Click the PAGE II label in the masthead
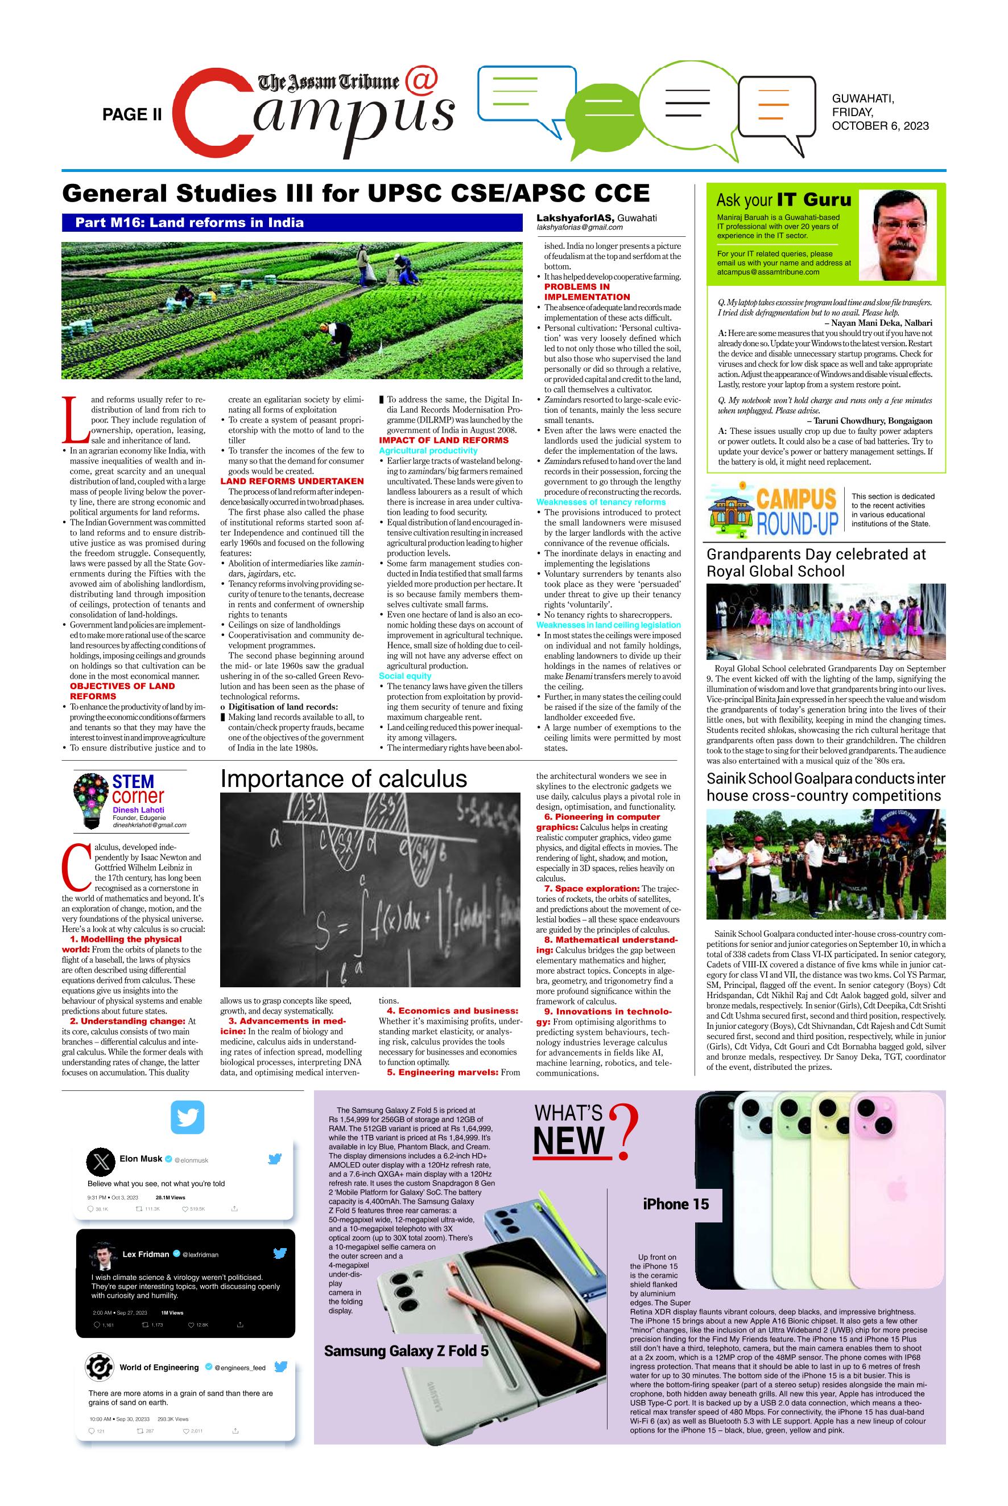(132, 114)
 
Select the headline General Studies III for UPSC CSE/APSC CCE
(356, 194)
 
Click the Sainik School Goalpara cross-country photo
(825, 863)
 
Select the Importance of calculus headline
(343, 778)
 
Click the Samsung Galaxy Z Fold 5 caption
(406, 1351)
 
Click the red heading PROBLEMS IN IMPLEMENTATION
(586, 292)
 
